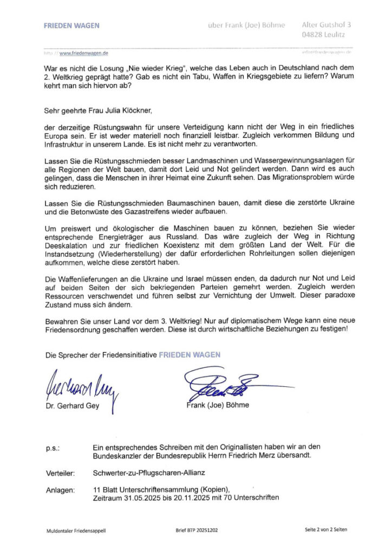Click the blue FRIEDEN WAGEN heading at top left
tap(71, 25)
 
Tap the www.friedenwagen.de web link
tap(83, 53)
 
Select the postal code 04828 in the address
tap(312, 35)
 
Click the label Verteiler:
tap(61, 473)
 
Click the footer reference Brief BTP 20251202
tap(197, 531)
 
